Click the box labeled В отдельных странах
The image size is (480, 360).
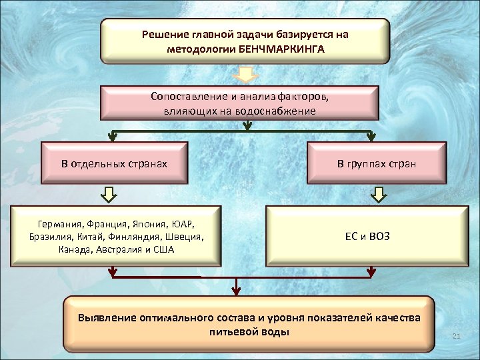pos(114,162)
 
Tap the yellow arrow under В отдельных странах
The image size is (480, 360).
pos(109,194)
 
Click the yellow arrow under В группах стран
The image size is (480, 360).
pos(377,194)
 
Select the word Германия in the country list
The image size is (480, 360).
pos(61,223)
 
